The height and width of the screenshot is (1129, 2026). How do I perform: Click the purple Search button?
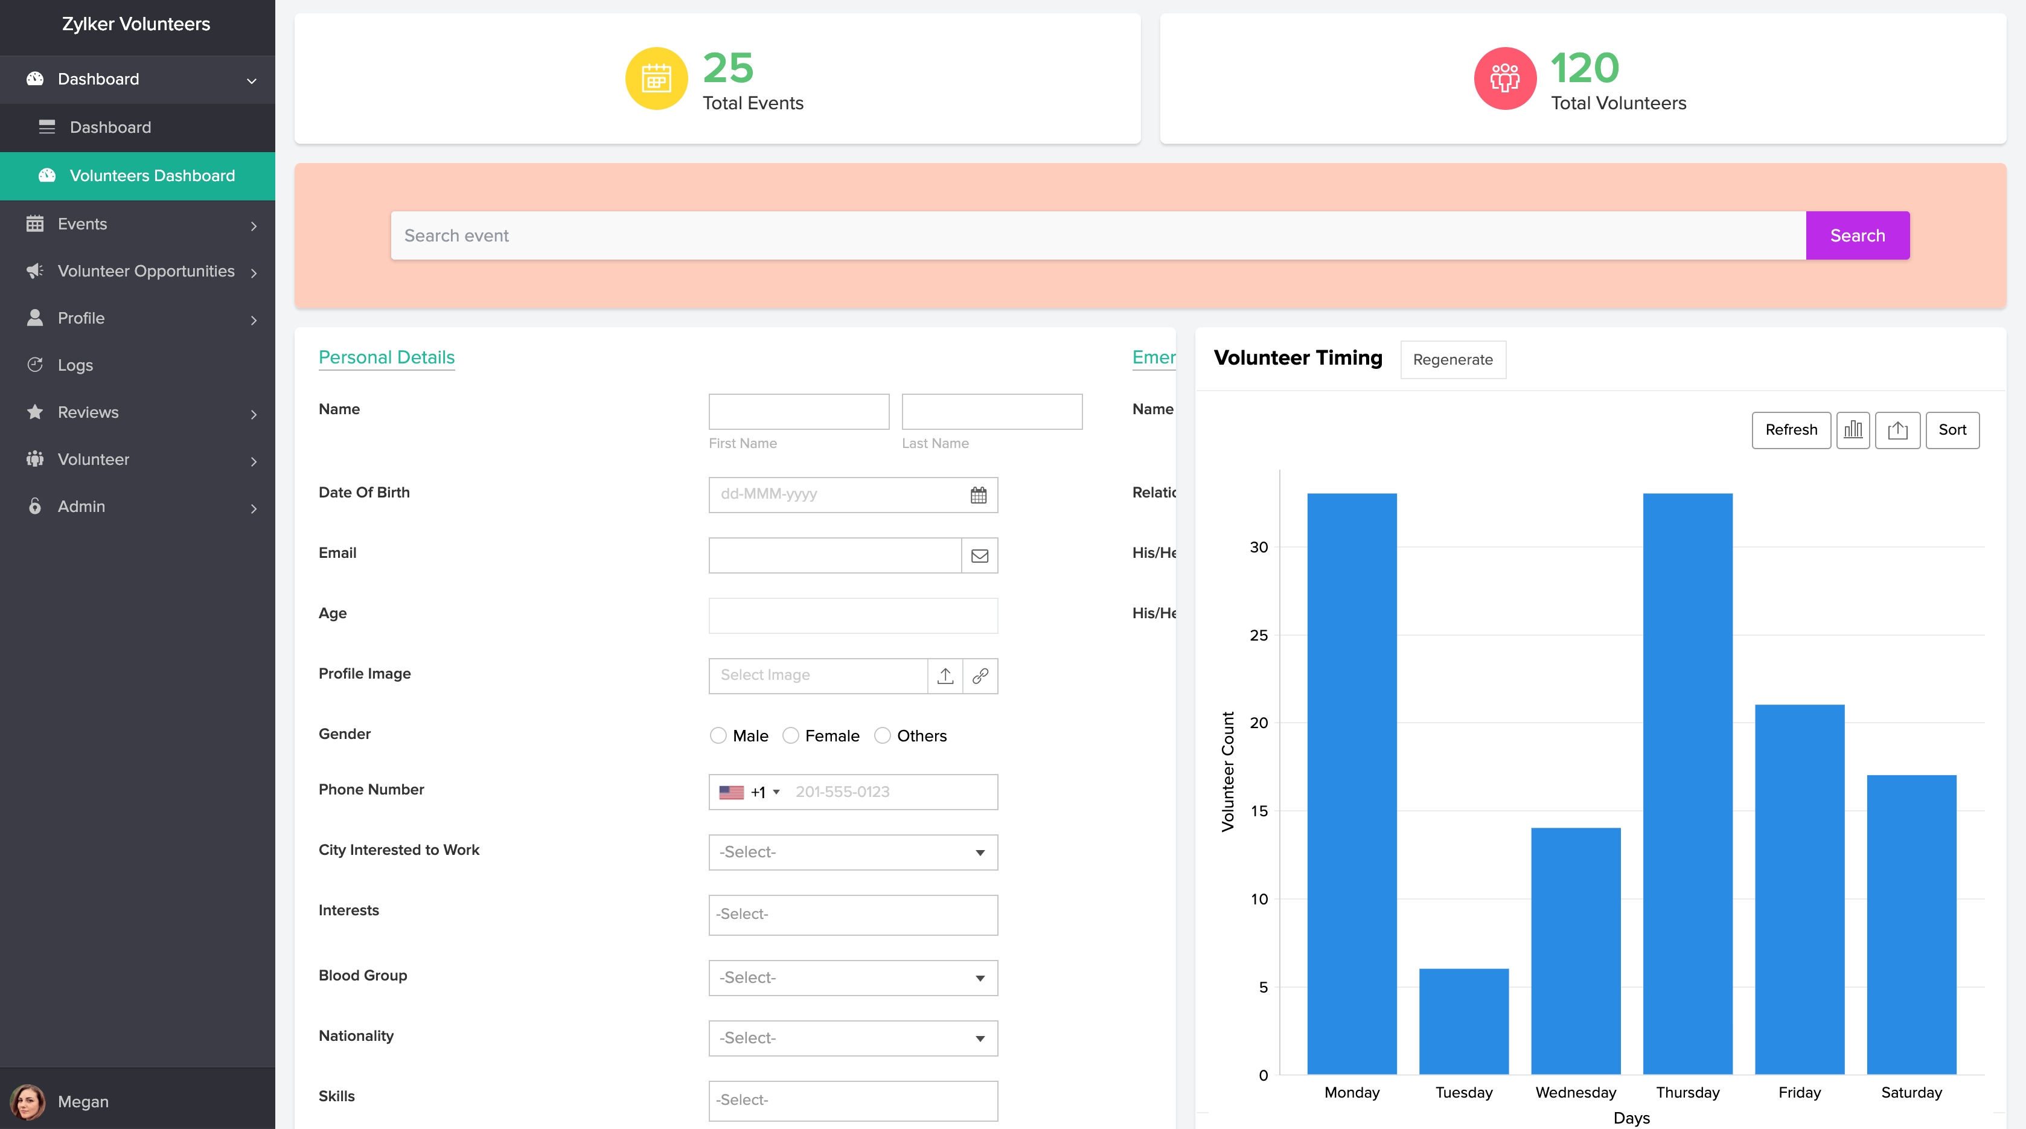click(x=1857, y=235)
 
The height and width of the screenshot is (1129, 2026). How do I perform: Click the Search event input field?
click(x=1097, y=235)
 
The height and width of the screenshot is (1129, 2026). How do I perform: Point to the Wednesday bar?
click(x=1575, y=950)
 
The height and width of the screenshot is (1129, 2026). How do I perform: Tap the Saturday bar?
click(x=1911, y=924)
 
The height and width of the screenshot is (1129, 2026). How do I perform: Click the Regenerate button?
click(x=1452, y=360)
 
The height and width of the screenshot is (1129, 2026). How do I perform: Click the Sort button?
click(x=1952, y=430)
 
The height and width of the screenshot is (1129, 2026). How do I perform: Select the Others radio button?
click(x=883, y=735)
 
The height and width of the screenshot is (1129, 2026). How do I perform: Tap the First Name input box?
click(x=798, y=412)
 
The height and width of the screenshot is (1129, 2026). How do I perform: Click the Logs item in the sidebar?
click(x=75, y=365)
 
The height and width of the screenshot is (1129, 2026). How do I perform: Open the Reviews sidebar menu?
click(x=88, y=412)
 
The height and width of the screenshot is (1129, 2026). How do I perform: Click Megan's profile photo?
click(x=28, y=1101)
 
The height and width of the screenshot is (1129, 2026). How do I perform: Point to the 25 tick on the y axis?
click(x=1258, y=635)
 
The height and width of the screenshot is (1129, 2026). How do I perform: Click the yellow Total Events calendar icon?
click(x=656, y=78)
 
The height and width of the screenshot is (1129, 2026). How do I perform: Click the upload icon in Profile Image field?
click(x=945, y=676)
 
